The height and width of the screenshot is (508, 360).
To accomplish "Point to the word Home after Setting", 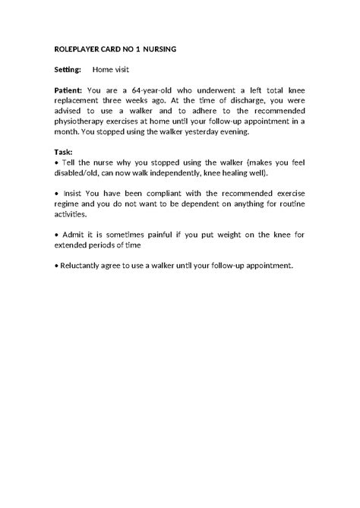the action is tap(103, 70).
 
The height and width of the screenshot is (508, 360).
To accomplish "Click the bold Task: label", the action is tap(64, 151).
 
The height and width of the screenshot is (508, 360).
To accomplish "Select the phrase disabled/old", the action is tap(79, 172).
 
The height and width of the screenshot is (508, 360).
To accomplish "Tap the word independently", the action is tap(191, 172).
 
